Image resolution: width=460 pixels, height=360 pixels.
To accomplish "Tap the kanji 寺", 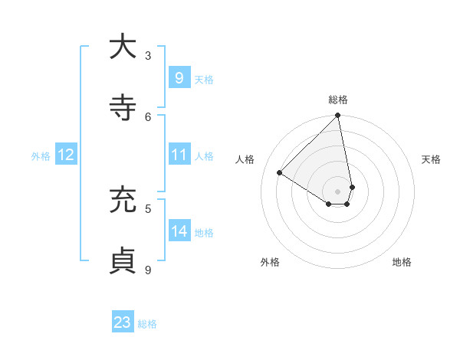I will click(x=123, y=107).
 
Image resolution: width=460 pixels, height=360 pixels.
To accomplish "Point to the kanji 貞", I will click(x=123, y=260).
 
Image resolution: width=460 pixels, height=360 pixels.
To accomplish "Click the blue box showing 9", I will click(x=179, y=77).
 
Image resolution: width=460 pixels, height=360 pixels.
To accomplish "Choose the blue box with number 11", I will click(x=179, y=155).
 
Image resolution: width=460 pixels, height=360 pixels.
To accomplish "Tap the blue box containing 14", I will click(x=179, y=231).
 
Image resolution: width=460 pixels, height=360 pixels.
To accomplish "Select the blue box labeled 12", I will click(x=65, y=155).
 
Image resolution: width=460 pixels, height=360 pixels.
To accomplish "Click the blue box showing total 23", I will click(x=123, y=322).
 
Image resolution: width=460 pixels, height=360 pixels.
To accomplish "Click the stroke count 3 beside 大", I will click(x=148, y=55).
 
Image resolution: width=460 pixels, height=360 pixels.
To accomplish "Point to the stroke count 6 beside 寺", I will click(x=148, y=116).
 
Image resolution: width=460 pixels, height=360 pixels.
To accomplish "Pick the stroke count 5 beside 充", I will click(x=148, y=208).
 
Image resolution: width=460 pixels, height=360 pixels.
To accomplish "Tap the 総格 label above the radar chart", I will click(x=338, y=100).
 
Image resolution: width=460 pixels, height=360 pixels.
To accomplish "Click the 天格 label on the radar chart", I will click(x=431, y=159).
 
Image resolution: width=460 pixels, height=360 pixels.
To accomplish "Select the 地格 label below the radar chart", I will click(x=402, y=262).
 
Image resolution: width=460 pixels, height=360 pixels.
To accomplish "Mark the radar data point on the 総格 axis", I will click(x=338, y=116).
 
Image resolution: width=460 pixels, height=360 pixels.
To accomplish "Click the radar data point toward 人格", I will click(x=280, y=173).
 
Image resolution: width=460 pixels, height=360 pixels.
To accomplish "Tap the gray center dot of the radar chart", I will click(x=338, y=191).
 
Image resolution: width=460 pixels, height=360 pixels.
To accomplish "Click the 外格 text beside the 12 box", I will click(x=41, y=155).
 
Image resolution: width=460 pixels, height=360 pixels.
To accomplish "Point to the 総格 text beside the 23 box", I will click(x=147, y=324).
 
